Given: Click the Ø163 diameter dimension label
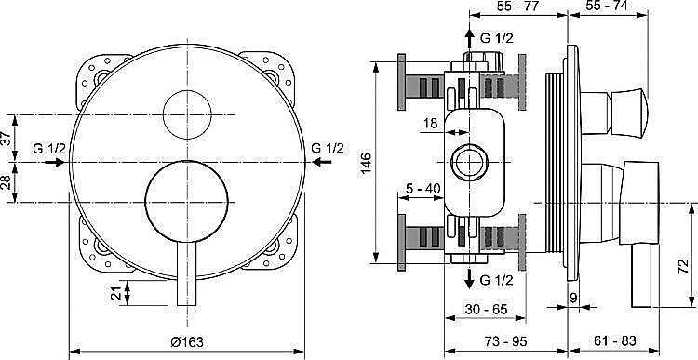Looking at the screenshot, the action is pos(187,341).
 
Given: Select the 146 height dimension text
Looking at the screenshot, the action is pos(366,164).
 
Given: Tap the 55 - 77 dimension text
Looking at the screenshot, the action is pos(517,6).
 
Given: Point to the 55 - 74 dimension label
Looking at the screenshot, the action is pos(607,6).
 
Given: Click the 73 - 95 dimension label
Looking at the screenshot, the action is pos(505,341).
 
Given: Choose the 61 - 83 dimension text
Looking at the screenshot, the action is pos(614,341).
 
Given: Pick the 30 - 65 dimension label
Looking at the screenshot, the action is pos(486,309).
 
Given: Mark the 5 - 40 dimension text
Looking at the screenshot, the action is pos(423,189).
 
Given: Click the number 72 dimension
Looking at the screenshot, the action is pos(686,267).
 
